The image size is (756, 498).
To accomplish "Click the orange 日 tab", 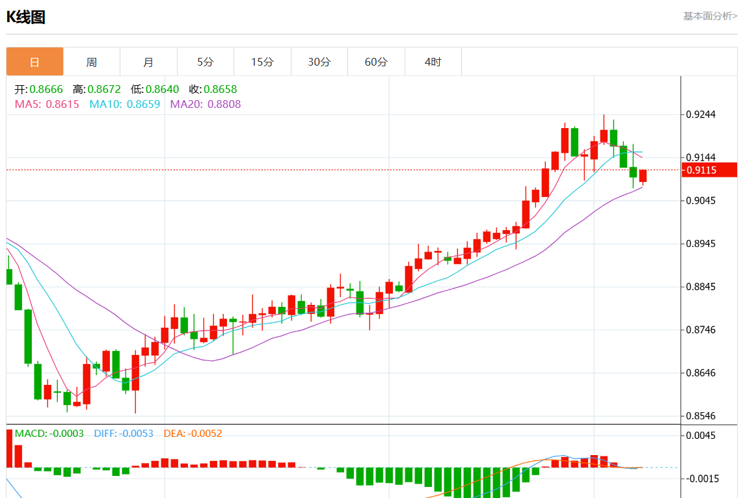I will [35, 62].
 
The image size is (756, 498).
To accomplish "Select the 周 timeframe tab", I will [92, 62].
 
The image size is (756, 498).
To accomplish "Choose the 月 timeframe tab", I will [148, 62].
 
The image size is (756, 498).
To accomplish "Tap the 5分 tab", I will [206, 62].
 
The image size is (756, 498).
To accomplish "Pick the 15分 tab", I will [263, 62].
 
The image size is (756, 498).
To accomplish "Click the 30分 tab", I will [319, 62].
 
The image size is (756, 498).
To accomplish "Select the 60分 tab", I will [376, 62].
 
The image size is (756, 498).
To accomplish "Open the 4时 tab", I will [433, 62].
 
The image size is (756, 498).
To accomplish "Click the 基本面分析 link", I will [710, 16].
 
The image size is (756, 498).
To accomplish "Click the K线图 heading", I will [26, 18].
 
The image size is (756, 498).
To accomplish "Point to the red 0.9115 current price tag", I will [709, 170].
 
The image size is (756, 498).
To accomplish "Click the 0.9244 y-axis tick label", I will [701, 115].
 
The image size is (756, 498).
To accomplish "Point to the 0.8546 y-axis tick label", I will [701, 416].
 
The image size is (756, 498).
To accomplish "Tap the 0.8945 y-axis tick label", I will [701, 244].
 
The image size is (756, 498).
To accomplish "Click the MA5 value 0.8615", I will [62, 104].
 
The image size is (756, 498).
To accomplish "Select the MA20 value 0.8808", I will [224, 104].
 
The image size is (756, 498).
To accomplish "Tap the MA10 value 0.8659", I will [143, 104].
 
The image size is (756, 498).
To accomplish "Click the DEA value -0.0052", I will [205, 434].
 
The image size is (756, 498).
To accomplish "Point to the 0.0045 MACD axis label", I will [701, 436].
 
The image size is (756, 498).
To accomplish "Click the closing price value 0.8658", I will [221, 90].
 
